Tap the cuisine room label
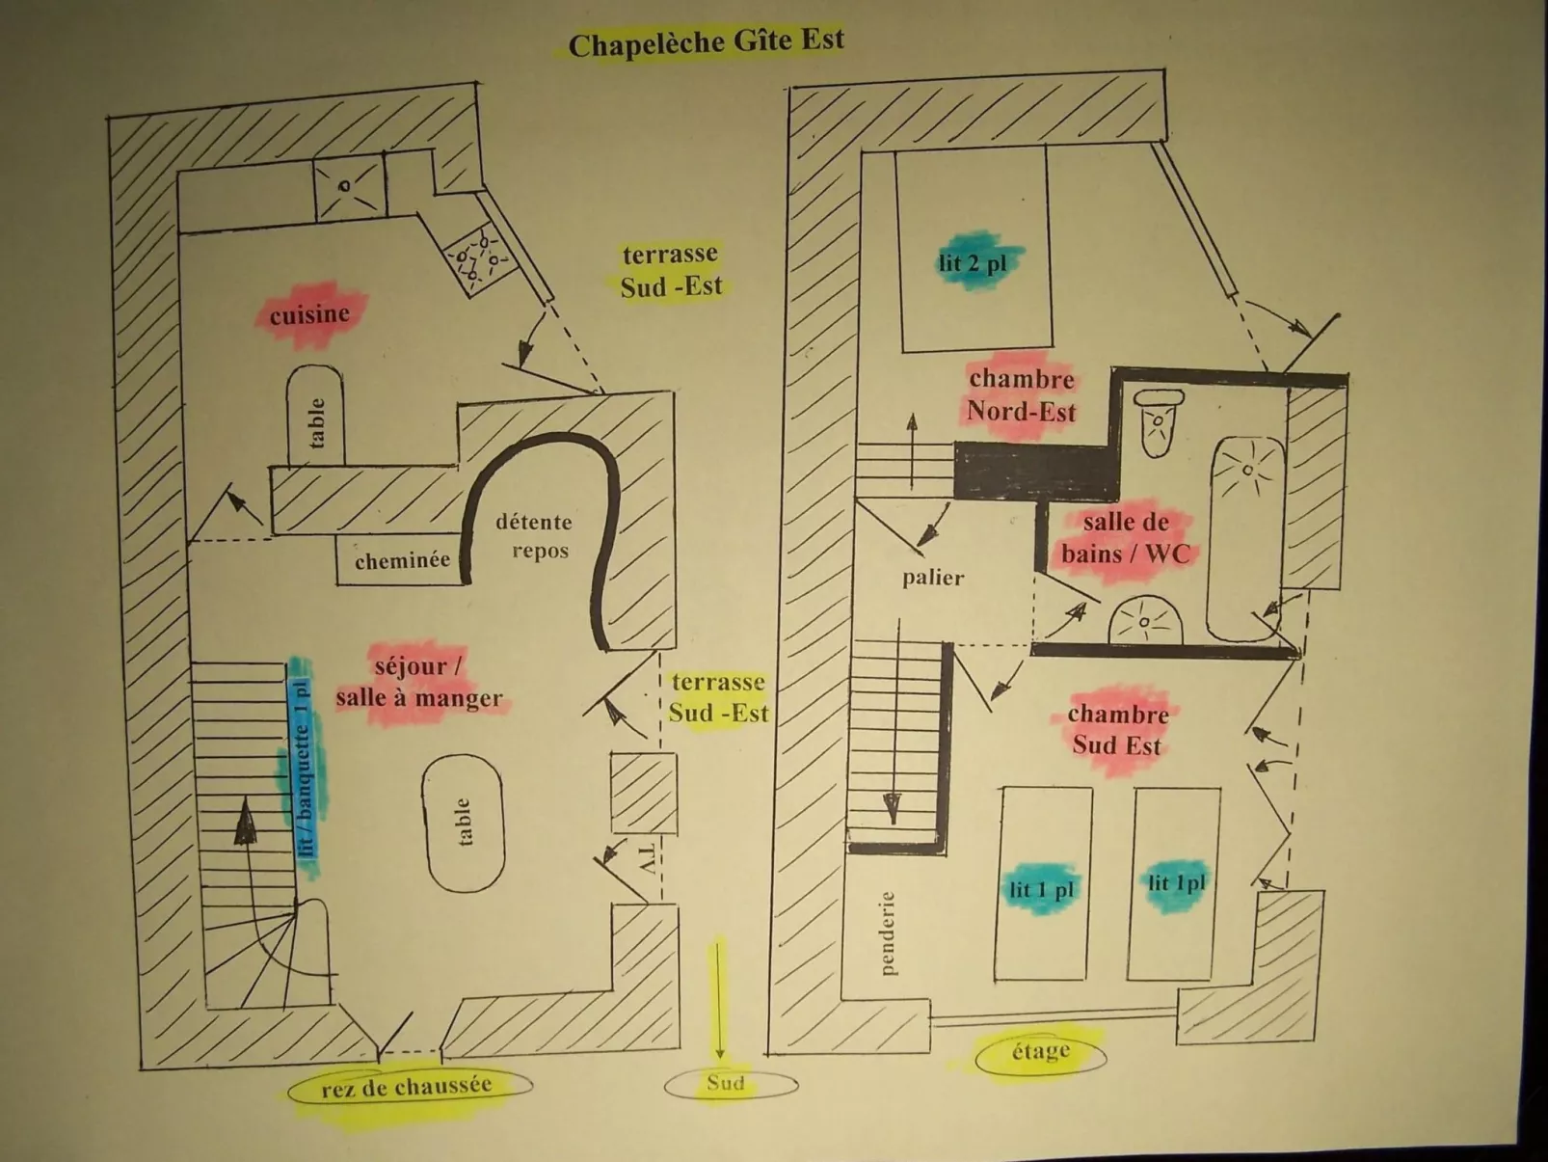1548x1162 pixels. tap(309, 314)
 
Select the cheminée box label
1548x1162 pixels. tap(402, 560)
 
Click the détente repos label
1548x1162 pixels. tap(536, 536)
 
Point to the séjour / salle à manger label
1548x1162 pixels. tap(419, 683)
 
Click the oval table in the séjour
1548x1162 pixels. tap(464, 823)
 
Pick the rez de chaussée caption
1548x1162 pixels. tap(407, 1087)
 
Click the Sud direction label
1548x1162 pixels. tap(726, 1083)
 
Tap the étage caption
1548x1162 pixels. tap(1041, 1051)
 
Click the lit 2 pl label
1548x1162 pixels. tap(974, 262)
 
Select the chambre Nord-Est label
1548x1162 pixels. tap(1022, 395)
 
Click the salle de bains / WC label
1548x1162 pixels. tap(1125, 538)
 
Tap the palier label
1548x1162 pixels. tap(933, 578)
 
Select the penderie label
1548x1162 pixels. tap(887, 932)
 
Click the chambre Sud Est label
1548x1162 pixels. tap(1118, 729)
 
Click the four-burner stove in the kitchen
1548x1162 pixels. tap(479, 257)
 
